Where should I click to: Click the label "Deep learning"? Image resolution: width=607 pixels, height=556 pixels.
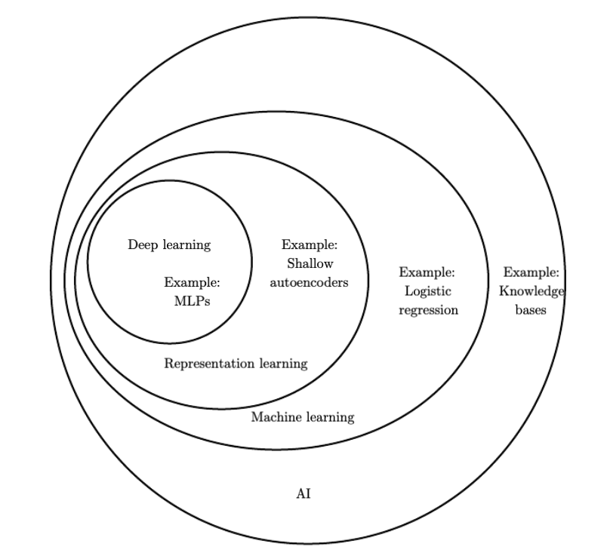point(169,244)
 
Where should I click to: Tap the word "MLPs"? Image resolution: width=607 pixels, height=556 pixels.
point(192,300)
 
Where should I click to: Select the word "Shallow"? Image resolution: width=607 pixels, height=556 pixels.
point(310,264)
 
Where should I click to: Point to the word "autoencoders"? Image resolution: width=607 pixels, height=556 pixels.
point(310,283)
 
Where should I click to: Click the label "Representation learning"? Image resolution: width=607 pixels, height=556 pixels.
point(236,364)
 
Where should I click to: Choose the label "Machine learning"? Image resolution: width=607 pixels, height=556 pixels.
point(302,417)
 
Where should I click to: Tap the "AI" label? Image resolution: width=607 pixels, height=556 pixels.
point(303,495)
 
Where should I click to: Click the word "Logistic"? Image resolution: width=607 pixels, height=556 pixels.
point(428,290)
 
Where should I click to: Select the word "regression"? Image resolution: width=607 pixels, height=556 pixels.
point(428,310)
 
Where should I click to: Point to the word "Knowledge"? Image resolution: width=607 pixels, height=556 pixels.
point(532,290)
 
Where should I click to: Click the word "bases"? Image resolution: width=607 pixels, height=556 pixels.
point(532,310)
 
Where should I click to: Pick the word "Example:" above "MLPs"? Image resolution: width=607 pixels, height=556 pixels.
point(192,282)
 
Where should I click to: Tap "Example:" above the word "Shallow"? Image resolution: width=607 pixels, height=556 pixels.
point(310,244)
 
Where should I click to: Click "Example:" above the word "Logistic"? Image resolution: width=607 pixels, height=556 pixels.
point(427,272)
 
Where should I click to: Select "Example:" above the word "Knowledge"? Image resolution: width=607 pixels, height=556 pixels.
point(532,272)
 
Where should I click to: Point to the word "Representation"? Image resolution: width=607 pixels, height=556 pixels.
point(210,364)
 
